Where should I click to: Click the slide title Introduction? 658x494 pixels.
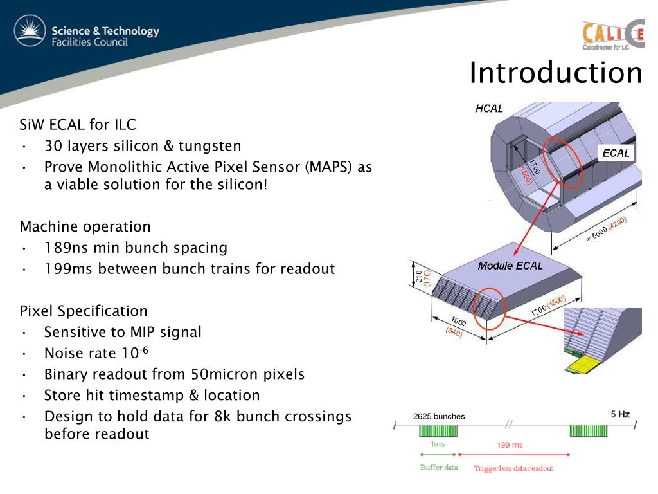click(555, 73)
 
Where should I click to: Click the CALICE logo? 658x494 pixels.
click(613, 35)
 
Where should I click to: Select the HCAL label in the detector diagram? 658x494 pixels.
click(489, 109)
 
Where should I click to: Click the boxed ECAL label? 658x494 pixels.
click(616, 154)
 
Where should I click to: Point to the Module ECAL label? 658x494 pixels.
click(510, 266)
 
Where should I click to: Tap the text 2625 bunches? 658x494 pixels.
click(438, 417)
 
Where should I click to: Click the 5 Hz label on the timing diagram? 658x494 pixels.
click(620, 414)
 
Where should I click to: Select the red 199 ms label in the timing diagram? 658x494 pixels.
click(510, 445)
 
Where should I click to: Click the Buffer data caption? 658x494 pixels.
click(439, 467)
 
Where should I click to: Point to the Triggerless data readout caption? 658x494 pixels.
click(513, 468)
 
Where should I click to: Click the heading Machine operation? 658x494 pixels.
click(85, 226)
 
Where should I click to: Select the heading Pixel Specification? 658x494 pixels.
click(84, 311)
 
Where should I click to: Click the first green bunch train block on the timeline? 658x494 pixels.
click(438, 430)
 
